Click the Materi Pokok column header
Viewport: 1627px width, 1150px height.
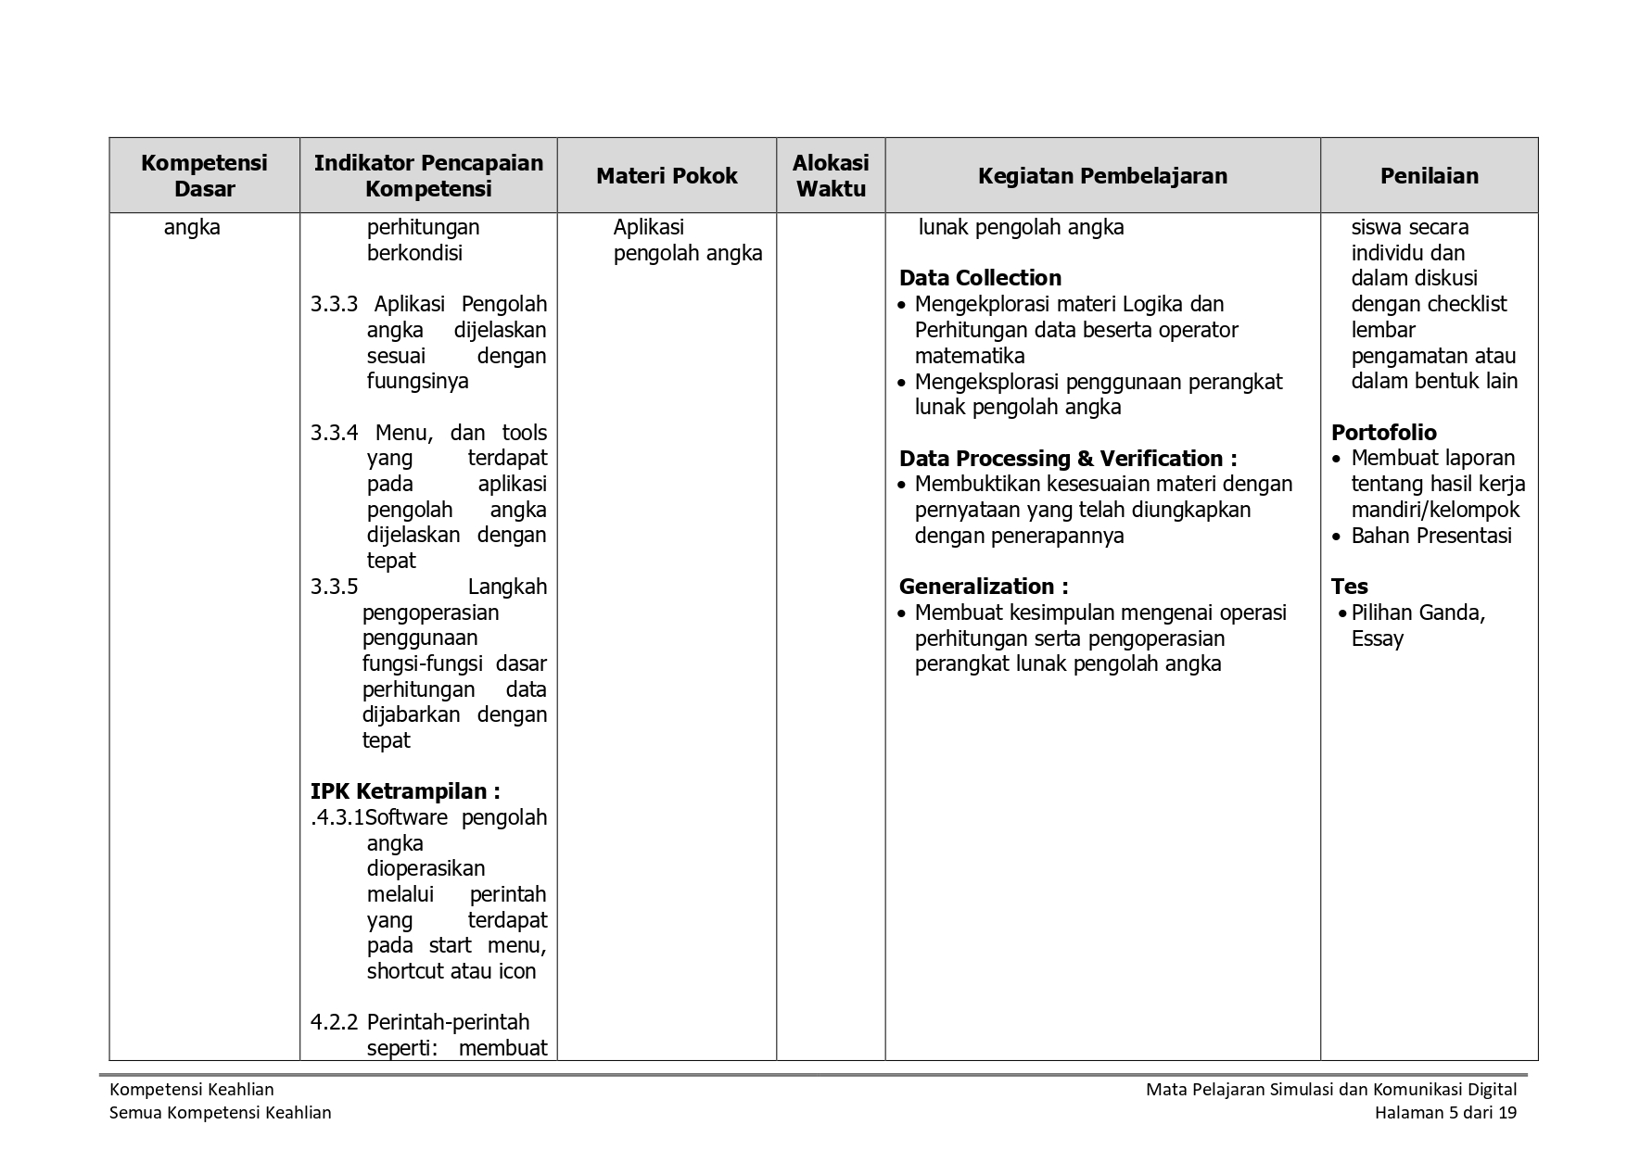(667, 176)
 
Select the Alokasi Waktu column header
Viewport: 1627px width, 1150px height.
(831, 176)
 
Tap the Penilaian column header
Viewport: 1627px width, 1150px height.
(1429, 176)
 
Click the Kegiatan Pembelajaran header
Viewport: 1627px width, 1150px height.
(1102, 176)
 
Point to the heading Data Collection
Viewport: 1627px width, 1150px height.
(980, 278)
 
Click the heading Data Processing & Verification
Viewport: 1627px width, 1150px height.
(1067, 459)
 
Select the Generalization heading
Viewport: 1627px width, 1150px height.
(983, 587)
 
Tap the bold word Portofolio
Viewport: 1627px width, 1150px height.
(1383, 433)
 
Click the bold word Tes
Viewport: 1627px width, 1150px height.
(1349, 587)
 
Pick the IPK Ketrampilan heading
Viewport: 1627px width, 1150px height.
(405, 791)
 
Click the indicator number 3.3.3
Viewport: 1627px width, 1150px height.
(334, 305)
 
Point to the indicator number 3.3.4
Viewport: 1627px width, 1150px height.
(334, 433)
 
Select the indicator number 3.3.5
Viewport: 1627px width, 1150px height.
(334, 587)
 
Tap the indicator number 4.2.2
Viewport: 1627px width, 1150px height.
(334, 1022)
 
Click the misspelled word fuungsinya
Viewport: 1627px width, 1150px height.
(417, 382)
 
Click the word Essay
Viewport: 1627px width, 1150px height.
(1377, 638)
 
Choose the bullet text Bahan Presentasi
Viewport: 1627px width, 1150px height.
(1430, 536)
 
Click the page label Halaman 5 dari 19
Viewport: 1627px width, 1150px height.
(1445, 1113)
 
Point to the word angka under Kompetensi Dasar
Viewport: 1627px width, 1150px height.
(192, 228)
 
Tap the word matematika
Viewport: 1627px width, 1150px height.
(969, 356)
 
